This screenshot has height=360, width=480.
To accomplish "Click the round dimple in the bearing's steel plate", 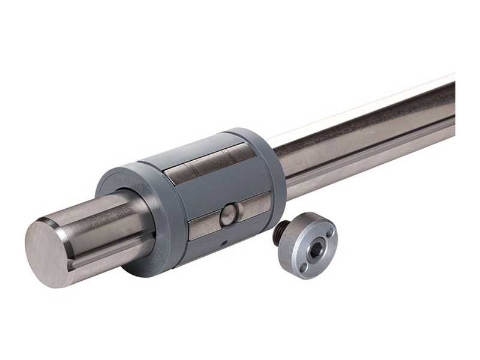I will pos(228,215).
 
